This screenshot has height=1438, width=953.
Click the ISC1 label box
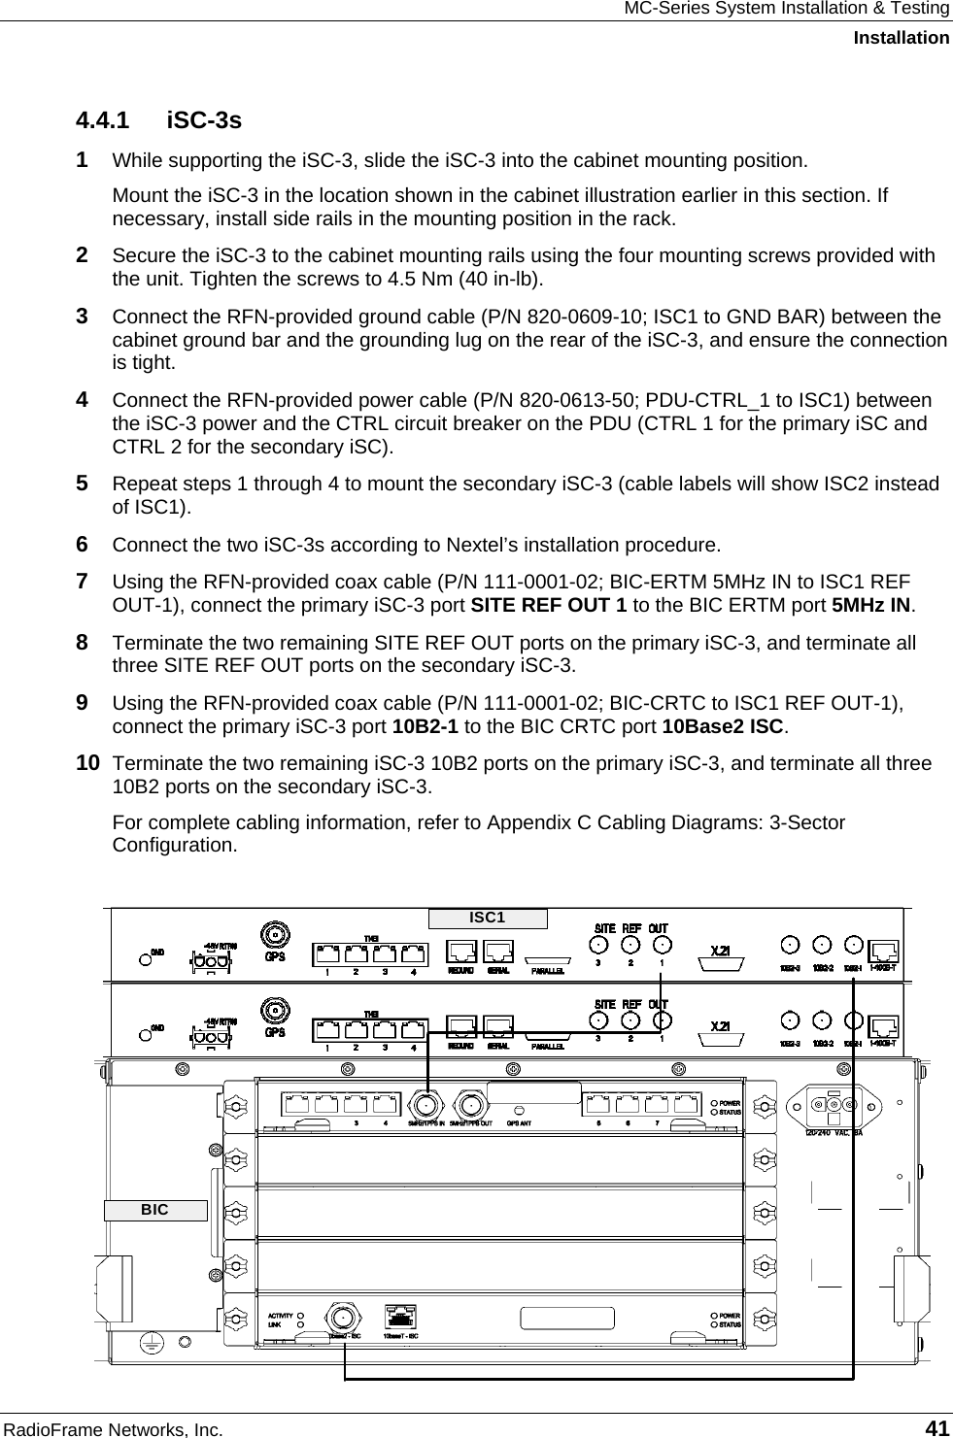point(488,918)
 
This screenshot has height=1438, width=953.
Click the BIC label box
point(155,1210)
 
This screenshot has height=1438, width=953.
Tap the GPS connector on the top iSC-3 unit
point(275,937)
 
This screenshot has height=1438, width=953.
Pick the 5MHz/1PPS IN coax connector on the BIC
point(425,1105)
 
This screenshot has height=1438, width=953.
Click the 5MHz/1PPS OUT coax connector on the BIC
point(472,1105)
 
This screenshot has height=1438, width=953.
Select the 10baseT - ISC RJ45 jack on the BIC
point(401,1316)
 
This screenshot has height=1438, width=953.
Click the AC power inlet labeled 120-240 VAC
point(833,1105)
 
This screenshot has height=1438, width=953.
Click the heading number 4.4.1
point(103,121)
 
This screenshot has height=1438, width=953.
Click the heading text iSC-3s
point(204,121)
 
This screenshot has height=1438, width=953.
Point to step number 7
point(85,582)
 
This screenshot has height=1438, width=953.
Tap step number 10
point(88,763)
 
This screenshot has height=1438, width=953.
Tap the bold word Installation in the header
point(901,38)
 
